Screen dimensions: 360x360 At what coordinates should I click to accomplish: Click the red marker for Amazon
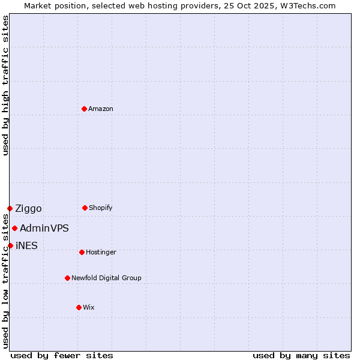[84, 109]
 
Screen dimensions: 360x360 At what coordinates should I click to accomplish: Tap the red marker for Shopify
[85, 208]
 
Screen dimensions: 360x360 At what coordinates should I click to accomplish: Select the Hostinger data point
[82, 252]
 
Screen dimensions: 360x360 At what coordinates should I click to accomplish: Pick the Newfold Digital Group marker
[67, 278]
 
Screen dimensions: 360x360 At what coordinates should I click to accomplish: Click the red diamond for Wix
[79, 307]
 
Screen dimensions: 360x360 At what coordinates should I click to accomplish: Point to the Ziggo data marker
[10, 208]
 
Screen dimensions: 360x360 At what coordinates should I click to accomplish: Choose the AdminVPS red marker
[14, 228]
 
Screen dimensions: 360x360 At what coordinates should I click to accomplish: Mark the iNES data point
[10, 245]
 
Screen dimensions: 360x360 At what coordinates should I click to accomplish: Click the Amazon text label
[101, 109]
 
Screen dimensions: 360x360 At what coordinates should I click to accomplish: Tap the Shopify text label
[101, 208]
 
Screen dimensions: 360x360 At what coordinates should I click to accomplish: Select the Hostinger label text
[101, 252]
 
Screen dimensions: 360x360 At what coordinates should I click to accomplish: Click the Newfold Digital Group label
[106, 278]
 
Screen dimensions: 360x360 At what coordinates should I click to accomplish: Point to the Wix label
[89, 307]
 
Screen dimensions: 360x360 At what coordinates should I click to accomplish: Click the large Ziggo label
[28, 208]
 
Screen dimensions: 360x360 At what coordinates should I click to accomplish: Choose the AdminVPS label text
[44, 228]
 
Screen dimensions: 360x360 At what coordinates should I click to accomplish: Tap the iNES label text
[26, 245]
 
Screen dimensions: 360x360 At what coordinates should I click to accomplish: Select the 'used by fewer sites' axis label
[62, 355]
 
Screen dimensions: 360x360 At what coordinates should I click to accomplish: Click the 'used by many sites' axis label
[301, 355]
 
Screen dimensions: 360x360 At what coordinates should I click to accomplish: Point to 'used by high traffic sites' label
[5, 85]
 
